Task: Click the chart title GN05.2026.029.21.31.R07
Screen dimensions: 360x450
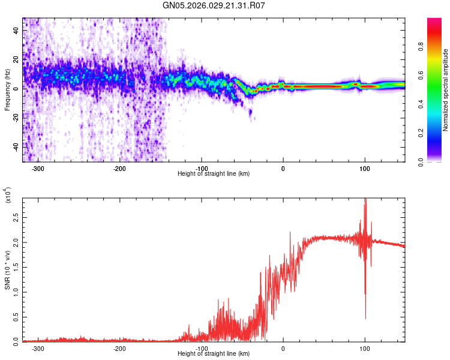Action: (214, 5)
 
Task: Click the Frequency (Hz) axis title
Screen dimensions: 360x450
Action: (7, 90)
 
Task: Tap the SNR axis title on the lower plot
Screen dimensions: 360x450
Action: (7, 269)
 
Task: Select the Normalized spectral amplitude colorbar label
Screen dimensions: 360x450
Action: (446, 91)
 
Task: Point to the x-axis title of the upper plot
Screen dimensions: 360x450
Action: (214, 173)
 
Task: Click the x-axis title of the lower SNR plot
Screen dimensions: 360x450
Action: (214, 353)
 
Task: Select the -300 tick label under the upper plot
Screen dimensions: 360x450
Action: (38, 168)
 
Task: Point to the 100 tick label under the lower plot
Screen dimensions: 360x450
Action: (364, 348)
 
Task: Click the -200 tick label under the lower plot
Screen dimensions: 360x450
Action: (119, 348)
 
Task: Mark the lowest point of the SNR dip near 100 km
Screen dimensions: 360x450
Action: (365, 319)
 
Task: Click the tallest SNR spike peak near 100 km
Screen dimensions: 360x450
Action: (365, 200)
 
